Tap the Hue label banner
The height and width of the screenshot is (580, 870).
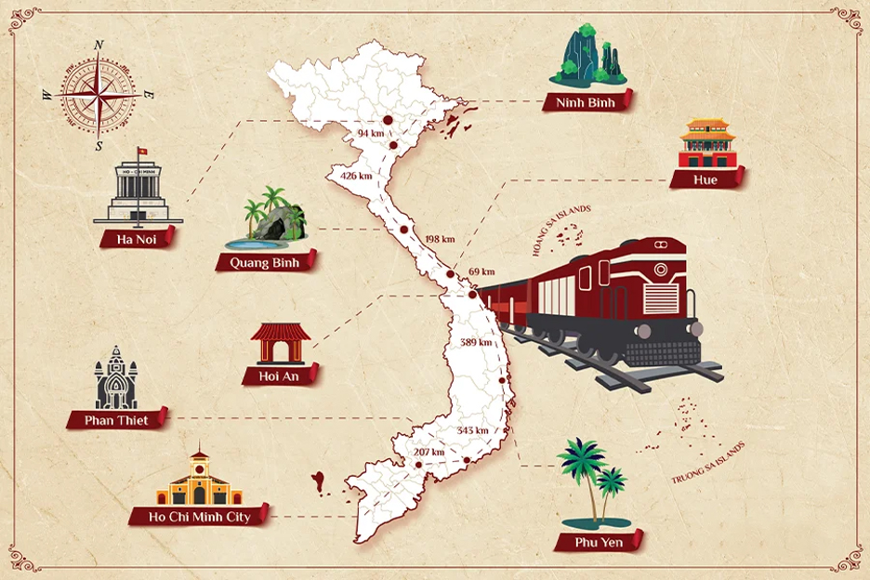[x=705, y=179]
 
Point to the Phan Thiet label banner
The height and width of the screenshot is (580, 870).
[x=116, y=420]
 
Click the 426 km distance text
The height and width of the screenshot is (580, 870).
[x=356, y=176]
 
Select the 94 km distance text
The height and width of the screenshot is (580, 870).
[x=370, y=134]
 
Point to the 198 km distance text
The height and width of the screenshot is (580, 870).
[x=439, y=239]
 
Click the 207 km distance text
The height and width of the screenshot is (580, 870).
[x=428, y=453]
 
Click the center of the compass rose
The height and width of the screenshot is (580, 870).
[x=99, y=95]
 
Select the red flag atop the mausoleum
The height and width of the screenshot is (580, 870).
[x=142, y=152]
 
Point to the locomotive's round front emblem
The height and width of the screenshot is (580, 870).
[x=661, y=270]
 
